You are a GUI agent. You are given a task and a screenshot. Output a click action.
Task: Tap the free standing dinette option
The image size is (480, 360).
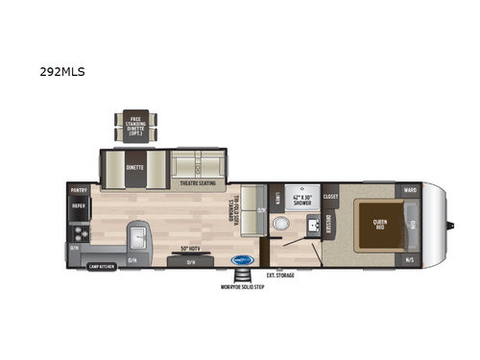tap(134, 123)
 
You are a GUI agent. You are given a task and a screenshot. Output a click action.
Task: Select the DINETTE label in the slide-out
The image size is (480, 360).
tap(134, 166)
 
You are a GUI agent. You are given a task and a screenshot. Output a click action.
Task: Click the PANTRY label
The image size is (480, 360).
tap(79, 190)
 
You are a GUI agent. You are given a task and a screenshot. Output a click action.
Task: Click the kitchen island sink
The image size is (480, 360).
tap(139, 235)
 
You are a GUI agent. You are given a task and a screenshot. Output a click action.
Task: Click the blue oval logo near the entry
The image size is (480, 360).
tap(244, 259)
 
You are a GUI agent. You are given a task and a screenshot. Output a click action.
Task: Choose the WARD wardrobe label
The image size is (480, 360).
tap(410, 190)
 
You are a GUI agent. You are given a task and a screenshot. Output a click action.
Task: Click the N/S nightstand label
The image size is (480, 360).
tap(410, 260)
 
